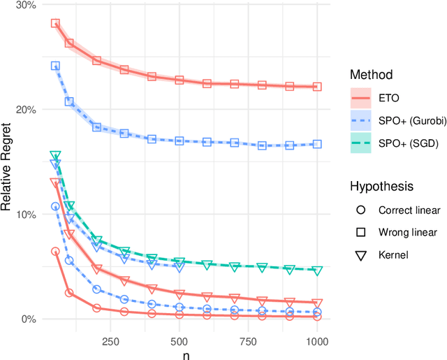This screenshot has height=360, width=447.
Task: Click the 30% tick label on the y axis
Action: [x=26, y=5]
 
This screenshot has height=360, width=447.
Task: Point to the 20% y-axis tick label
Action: [x=26, y=110]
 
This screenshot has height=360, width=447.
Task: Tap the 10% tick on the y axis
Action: [x=26, y=215]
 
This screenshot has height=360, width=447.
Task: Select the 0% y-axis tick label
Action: [x=29, y=319]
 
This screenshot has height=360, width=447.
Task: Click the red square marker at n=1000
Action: [x=317, y=87]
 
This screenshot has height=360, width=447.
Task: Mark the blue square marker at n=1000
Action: [x=317, y=144]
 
